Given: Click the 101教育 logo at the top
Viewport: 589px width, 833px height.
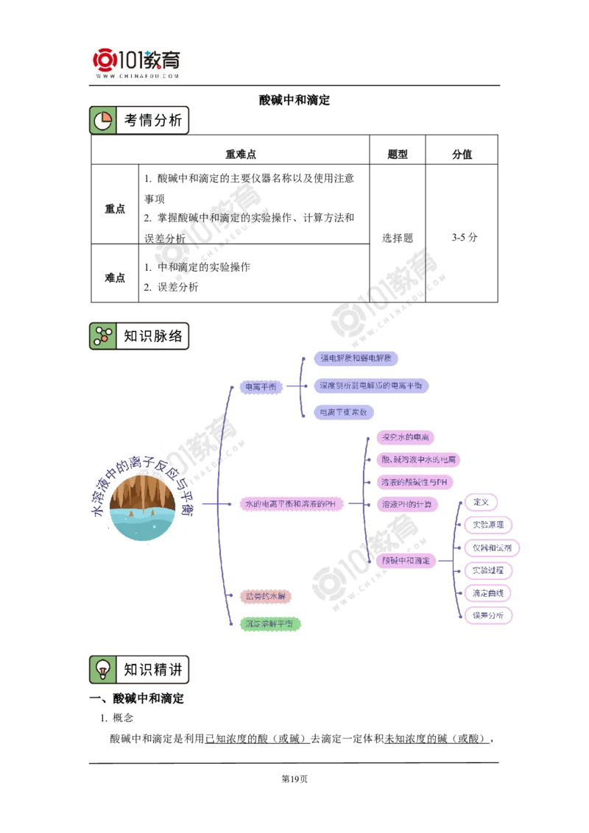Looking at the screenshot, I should click(x=138, y=62).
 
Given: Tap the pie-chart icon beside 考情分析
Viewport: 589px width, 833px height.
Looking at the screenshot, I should click(x=103, y=121).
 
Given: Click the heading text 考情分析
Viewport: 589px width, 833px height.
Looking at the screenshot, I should click(x=152, y=121).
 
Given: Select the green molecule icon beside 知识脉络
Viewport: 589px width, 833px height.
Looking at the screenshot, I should click(x=102, y=336).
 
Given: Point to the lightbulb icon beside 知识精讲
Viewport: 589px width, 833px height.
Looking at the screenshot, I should click(x=103, y=670).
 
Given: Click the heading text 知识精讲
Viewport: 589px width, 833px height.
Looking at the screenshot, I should click(x=152, y=670).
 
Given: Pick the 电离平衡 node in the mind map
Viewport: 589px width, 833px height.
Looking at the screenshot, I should click(x=260, y=386).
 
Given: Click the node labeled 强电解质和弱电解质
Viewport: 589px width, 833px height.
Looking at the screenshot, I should click(x=356, y=358).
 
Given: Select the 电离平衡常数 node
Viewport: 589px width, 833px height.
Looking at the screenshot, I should click(x=343, y=413).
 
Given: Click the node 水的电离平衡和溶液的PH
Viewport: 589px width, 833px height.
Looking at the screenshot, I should click(x=294, y=504).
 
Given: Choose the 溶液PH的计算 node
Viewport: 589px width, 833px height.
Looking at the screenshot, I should click(x=407, y=504).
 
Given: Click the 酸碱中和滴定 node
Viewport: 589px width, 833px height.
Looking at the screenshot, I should click(x=405, y=561).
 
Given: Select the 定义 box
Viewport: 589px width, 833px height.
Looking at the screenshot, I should click(x=482, y=502).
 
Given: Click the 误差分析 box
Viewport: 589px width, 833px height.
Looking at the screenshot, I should click(x=487, y=615).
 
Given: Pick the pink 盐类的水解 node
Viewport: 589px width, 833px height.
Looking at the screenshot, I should click(x=266, y=596).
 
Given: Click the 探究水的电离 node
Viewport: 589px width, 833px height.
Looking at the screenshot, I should click(x=405, y=437).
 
